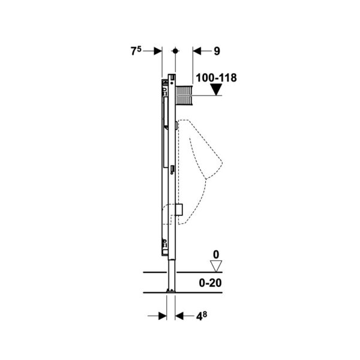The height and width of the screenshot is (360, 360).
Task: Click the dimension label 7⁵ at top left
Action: (136, 51)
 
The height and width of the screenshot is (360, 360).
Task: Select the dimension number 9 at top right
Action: (217, 51)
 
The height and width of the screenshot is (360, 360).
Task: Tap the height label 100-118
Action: (216, 78)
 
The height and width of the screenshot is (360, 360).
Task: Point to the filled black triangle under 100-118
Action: (216, 89)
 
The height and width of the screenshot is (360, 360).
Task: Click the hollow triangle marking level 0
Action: (216, 266)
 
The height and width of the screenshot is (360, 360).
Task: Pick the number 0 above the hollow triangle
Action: (216, 255)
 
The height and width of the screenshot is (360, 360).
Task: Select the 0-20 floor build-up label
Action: (211, 283)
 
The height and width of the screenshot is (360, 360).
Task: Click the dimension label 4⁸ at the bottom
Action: (202, 316)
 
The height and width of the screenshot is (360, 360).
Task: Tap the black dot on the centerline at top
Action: (175, 51)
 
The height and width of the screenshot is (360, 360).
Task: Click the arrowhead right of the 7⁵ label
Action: (158, 51)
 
